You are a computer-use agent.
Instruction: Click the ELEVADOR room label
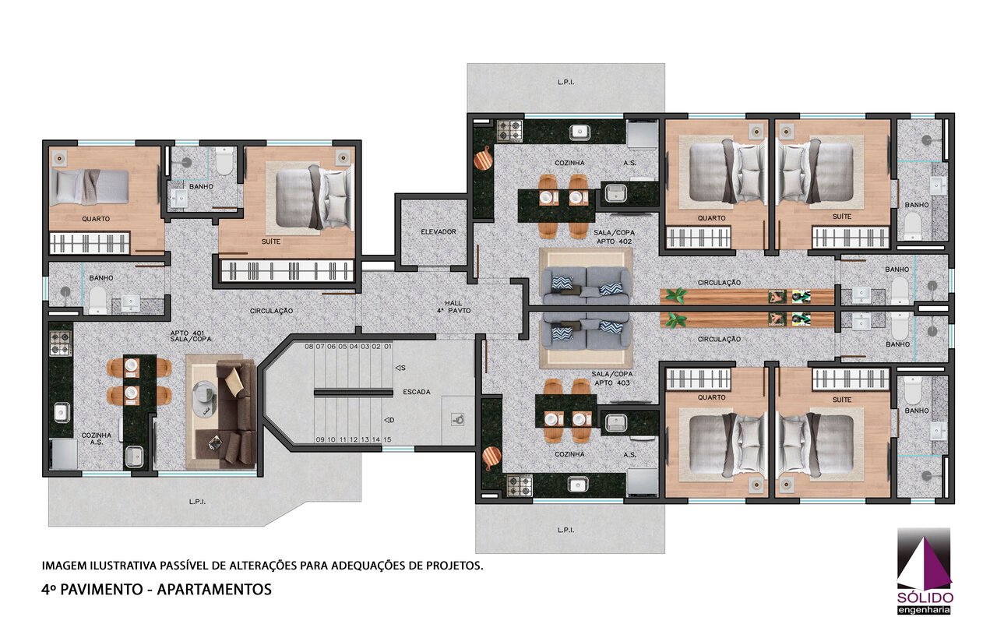(x=439, y=232)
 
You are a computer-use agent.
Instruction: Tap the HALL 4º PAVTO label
(x=453, y=307)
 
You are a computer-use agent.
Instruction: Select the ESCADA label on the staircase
(x=417, y=392)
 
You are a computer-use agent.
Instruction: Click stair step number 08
(x=309, y=347)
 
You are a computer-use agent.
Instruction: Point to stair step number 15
(x=387, y=439)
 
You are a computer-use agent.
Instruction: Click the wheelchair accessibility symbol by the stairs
(x=458, y=419)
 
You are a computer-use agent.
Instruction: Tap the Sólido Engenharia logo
(x=925, y=571)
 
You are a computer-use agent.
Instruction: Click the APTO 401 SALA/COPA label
(x=191, y=336)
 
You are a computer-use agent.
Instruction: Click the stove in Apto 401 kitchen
(x=60, y=343)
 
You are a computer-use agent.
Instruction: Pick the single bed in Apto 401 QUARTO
(x=90, y=188)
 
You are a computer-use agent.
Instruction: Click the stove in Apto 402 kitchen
(x=510, y=131)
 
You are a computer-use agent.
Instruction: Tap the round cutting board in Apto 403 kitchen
(x=491, y=457)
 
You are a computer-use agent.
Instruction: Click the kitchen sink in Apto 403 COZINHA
(x=577, y=485)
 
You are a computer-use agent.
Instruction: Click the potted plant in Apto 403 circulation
(x=675, y=320)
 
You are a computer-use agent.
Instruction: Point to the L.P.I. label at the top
(x=565, y=83)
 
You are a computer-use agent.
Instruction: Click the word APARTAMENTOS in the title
(x=214, y=590)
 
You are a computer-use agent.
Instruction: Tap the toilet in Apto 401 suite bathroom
(x=224, y=160)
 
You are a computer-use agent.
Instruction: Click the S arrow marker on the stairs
(x=400, y=368)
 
